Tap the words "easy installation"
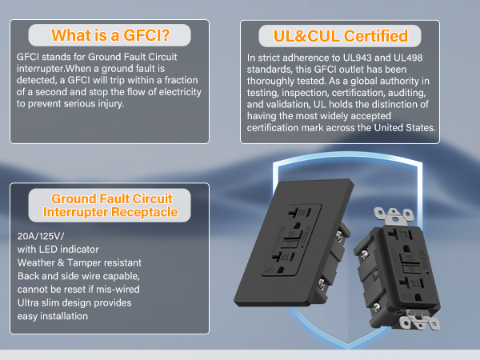[53, 316]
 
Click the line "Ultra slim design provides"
[74, 303]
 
